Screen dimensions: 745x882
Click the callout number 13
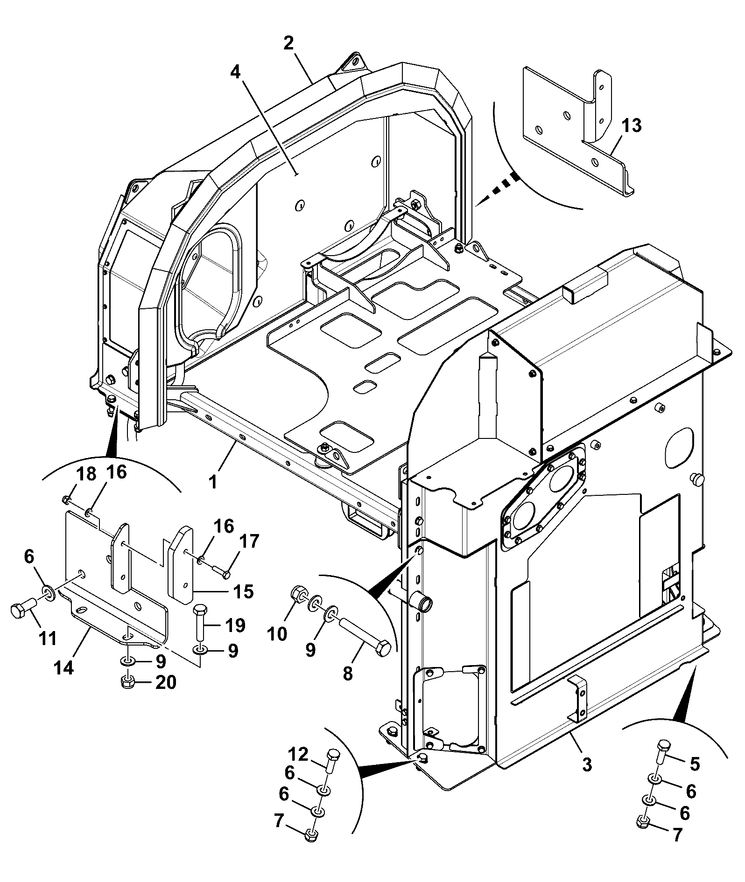click(632, 126)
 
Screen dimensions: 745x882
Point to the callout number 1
click(213, 481)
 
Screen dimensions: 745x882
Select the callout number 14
click(64, 668)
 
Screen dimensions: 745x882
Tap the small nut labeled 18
click(66, 500)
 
